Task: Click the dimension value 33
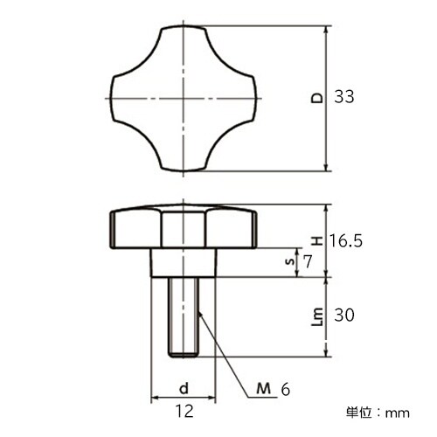[344, 99]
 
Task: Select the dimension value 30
[344, 316]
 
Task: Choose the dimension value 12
[183, 409]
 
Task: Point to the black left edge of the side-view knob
[114, 226]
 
